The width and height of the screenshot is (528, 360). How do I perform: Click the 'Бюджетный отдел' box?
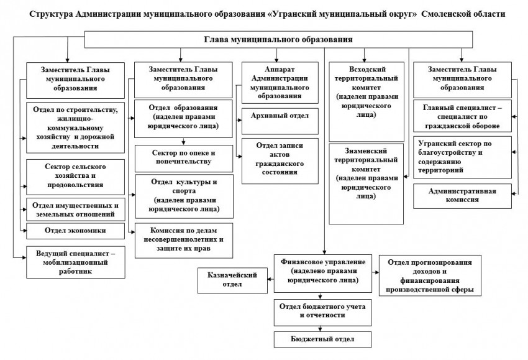(x=322, y=339)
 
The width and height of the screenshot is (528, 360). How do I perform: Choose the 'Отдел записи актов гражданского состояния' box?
(x=280, y=160)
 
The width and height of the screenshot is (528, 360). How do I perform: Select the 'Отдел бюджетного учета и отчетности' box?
(x=322, y=311)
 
